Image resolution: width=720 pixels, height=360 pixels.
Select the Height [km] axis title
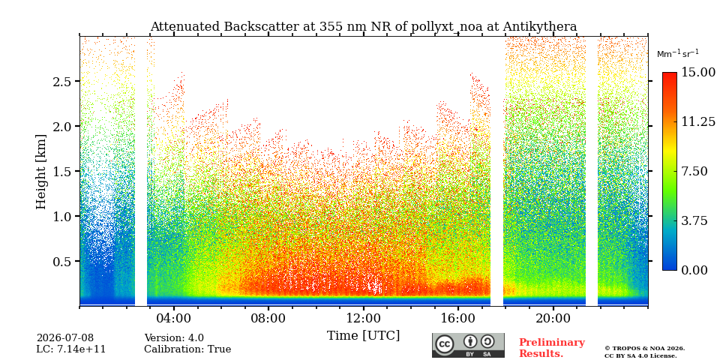[41, 172]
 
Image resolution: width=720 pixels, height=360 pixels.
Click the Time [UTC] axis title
[363, 336]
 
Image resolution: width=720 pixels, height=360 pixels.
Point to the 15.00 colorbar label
[698, 73]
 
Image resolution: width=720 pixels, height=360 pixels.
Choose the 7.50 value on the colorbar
[695, 171]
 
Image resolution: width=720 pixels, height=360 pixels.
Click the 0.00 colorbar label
[695, 270]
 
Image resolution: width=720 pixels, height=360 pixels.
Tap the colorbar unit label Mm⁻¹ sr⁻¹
[678, 53]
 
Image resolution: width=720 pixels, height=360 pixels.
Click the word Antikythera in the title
[539, 27]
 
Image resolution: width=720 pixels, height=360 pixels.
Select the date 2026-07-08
[65, 339]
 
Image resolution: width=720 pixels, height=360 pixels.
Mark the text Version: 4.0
[174, 339]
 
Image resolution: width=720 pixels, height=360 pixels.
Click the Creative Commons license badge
[468, 345]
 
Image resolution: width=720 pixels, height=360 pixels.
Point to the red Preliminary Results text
[552, 348]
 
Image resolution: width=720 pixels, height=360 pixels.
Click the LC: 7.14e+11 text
[71, 349]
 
